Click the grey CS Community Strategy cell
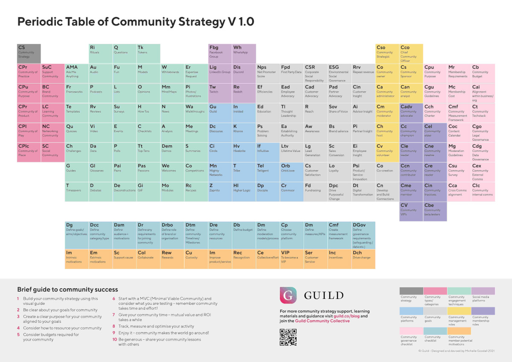point(29,54)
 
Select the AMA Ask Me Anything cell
point(77,73)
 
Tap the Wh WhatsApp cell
point(244,54)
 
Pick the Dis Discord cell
point(244,73)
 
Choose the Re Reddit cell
point(244,93)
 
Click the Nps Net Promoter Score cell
point(268,73)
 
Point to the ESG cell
point(340,73)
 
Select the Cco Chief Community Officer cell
point(411,54)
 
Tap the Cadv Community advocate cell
point(411,113)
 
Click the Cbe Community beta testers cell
point(435,211)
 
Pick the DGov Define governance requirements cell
point(364,235)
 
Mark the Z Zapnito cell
point(220,191)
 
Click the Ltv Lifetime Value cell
point(292,152)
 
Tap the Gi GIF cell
point(148,191)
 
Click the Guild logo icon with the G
point(288,295)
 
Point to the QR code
point(288,337)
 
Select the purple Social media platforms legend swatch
point(483,291)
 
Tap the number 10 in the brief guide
point(115,339)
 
